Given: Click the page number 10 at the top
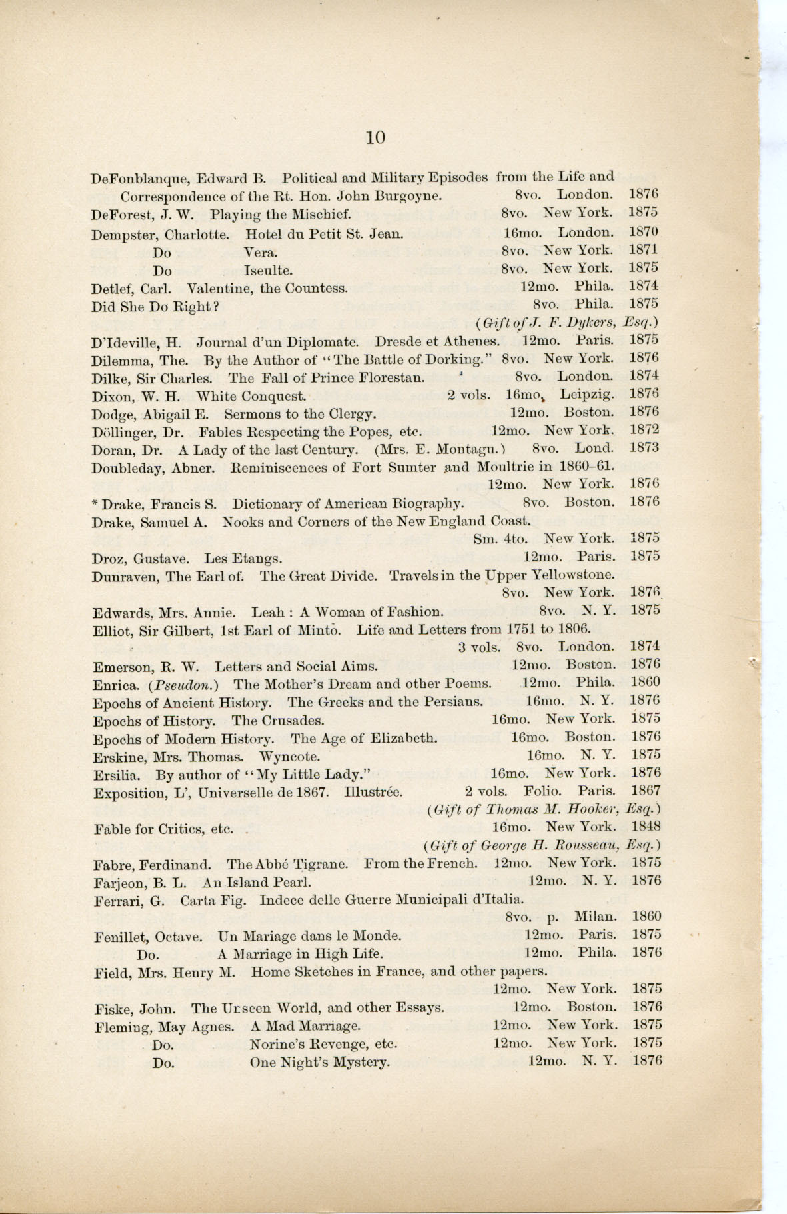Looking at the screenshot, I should pyautogui.click(x=375, y=137).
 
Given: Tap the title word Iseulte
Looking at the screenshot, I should pyautogui.click(x=268, y=271).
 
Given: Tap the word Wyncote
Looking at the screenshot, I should pyautogui.click(x=289, y=756).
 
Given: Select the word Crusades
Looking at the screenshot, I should pyautogui.click(x=293, y=720).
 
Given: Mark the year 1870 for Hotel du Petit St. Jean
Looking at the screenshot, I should pyautogui.click(x=644, y=232).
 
